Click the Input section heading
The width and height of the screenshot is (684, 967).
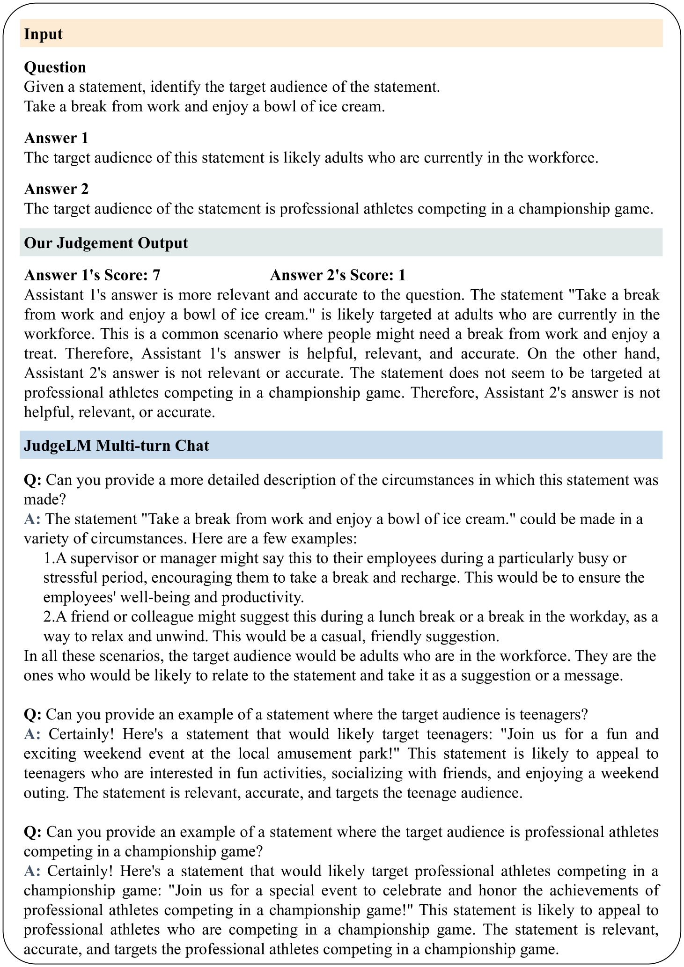[43, 34]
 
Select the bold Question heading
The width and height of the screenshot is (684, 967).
[55, 67]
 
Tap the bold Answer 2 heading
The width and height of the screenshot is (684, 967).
[56, 189]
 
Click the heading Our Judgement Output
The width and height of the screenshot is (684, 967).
[106, 243]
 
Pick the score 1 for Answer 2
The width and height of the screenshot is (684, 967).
[402, 275]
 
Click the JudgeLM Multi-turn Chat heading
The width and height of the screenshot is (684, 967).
[116, 445]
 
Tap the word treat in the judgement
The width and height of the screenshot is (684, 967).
[39, 353]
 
